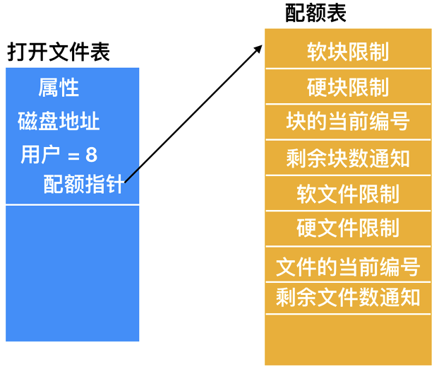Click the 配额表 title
(315, 13)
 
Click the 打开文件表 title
(59, 52)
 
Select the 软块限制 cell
(348, 52)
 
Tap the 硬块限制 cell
(348, 87)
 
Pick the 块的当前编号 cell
(348, 121)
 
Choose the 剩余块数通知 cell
(348, 157)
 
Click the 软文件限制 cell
(348, 193)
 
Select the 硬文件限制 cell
(348, 228)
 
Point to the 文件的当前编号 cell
(348, 267)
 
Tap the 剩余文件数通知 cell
(348, 296)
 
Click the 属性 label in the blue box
(59, 88)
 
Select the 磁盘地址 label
(59, 121)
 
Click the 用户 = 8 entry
(59, 154)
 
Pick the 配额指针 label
(83, 185)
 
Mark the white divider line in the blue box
(73, 205)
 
